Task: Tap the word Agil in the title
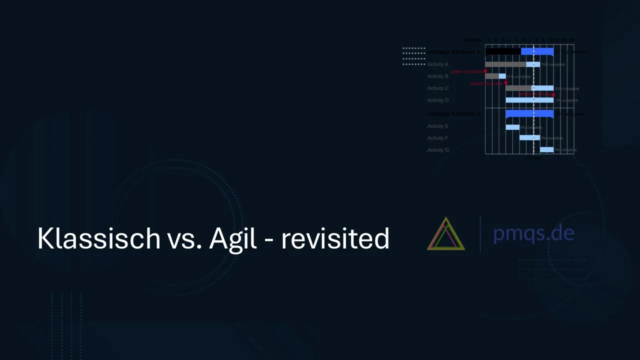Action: pyautogui.click(x=232, y=238)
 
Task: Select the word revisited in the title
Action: pyautogui.click(x=335, y=238)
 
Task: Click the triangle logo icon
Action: pyautogui.click(x=445, y=233)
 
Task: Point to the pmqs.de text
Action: pyautogui.click(x=533, y=233)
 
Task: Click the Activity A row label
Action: pyautogui.click(x=437, y=64)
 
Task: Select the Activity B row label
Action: pyautogui.click(x=437, y=76)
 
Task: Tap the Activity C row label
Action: pyautogui.click(x=437, y=88)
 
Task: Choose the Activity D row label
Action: pyautogui.click(x=437, y=100)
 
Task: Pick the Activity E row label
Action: pyautogui.click(x=437, y=126)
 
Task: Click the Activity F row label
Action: pyautogui.click(x=437, y=138)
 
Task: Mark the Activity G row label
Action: pyautogui.click(x=437, y=150)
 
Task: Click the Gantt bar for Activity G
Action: pyautogui.click(x=546, y=149)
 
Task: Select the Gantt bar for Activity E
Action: pyautogui.click(x=512, y=127)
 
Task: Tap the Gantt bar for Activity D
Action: pyautogui.click(x=529, y=100)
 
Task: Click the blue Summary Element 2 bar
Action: pyautogui.click(x=529, y=113)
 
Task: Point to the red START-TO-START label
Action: pyautogui.click(x=466, y=72)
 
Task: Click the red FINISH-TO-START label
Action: pyautogui.click(x=486, y=84)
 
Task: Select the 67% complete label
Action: pyautogui.click(x=518, y=76)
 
